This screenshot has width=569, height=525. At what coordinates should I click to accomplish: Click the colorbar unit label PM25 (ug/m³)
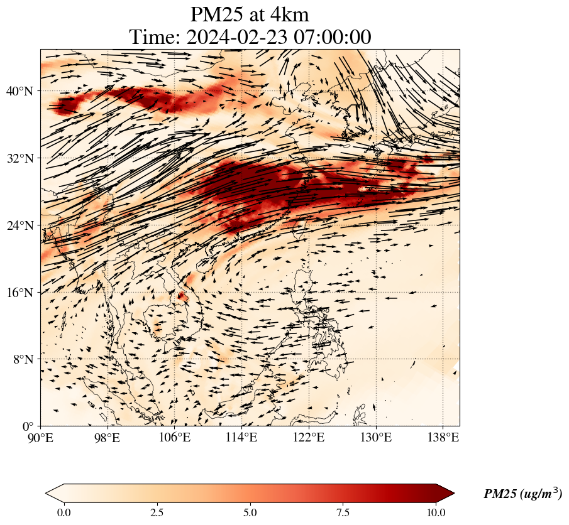pyautogui.click(x=522, y=494)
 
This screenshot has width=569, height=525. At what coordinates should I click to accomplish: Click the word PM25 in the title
pyautogui.click(x=214, y=14)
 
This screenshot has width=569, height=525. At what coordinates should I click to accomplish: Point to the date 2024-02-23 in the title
pyautogui.click(x=236, y=37)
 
